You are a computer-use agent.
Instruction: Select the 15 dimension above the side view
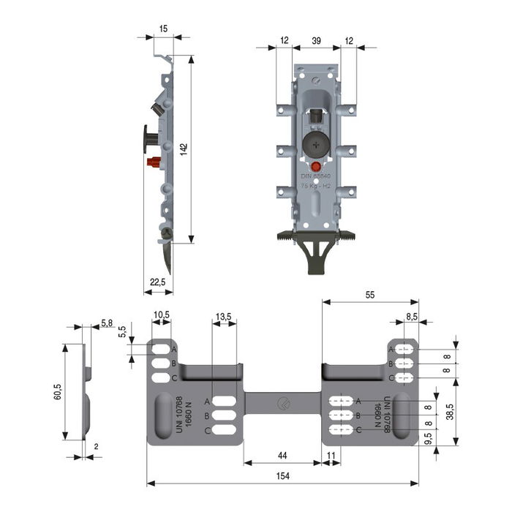pos(162,29)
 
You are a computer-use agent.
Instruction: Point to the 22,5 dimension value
pos(157,282)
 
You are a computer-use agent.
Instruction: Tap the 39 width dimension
pos(316,40)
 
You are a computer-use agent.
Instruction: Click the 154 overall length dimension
pos(282,476)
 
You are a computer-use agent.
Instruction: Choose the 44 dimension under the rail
pos(282,455)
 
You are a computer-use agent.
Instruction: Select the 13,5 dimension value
pos(223,317)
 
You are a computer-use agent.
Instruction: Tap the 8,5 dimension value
pos(412,317)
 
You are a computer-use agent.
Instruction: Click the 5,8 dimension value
pos(107,322)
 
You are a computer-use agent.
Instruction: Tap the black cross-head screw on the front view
pos(315,144)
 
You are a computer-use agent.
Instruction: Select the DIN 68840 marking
pos(316,177)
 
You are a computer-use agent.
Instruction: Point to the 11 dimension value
pos(331,455)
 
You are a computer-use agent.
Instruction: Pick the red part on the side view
pos(154,162)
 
